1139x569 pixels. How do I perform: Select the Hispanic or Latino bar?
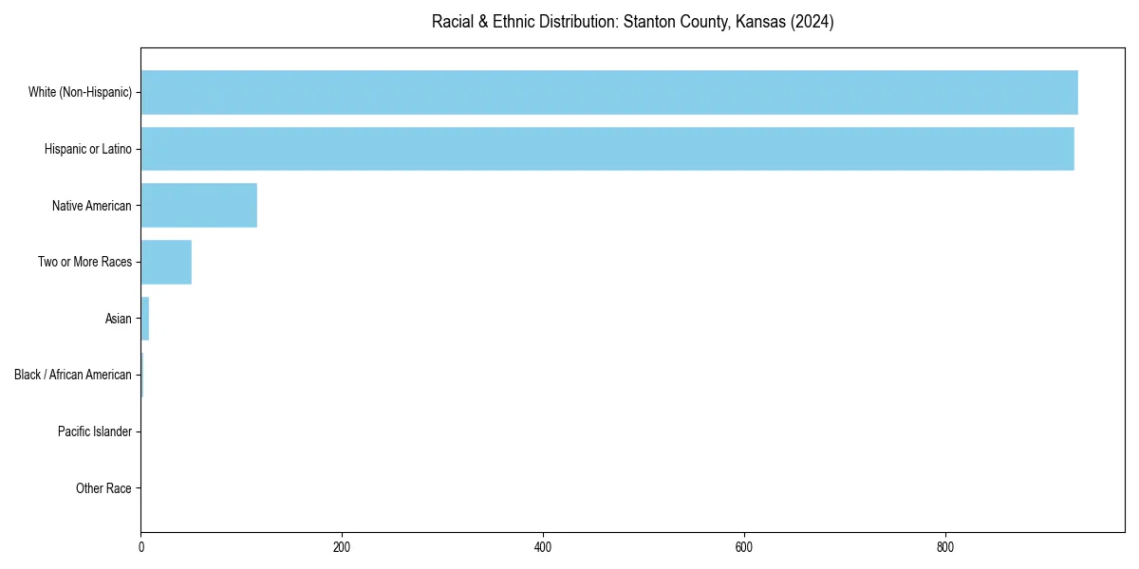607,149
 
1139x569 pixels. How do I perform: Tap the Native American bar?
199,206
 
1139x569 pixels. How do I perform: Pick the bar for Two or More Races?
166,262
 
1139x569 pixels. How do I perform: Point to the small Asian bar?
145,319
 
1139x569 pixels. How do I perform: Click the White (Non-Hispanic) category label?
80,92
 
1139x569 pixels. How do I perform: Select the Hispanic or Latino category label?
88,149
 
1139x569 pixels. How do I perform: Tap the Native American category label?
92,206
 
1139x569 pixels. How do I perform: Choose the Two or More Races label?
85,262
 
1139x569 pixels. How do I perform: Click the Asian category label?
119,319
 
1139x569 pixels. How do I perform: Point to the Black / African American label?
73,375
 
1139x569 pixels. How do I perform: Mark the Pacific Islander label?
95,431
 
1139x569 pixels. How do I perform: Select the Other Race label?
103,488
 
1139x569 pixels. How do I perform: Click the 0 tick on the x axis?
141,547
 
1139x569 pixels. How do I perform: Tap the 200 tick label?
342,547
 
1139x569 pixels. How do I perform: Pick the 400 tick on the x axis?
543,547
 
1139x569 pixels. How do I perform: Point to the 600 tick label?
744,547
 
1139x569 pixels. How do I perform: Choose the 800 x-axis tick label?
944,547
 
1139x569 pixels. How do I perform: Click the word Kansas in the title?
759,22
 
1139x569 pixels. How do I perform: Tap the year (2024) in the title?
812,22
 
